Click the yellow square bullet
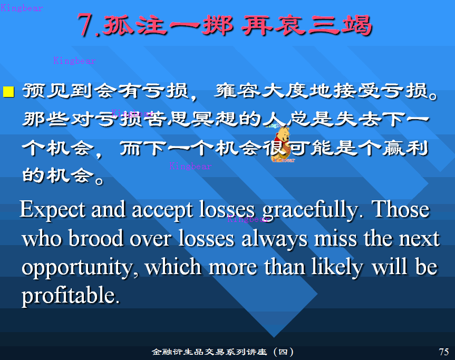(x=8, y=91)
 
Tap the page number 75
(x=444, y=352)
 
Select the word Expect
(x=53, y=210)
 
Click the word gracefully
(x=313, y=210)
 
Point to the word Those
(x=401, y=209)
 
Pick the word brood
(x=96, y=238)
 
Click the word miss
(x=336, y=238)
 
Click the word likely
(x=337, y=267)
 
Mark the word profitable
(x=71, y=296)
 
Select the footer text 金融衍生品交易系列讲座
(x=209, y=352)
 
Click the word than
(x=284, y=267)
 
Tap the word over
(x=150, y=240)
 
